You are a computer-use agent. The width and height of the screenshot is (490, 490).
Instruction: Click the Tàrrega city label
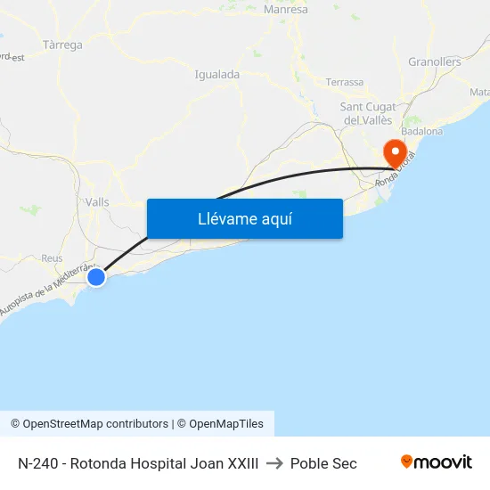pos(62,45)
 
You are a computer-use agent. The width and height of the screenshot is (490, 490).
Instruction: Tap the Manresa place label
pos(286,10)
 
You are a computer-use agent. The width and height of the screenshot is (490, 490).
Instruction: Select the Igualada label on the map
pos(216,75)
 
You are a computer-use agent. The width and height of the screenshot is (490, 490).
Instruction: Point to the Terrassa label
pos(345,82)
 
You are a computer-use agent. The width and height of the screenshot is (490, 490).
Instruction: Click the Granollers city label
pos(435,62)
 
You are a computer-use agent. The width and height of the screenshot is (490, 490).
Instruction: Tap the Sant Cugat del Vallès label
pos(368,113)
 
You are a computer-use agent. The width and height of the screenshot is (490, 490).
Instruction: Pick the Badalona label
pos(422,131)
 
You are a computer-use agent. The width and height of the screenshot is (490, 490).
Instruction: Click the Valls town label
pos(97,202)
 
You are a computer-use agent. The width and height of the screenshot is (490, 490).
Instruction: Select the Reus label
pos(52,257)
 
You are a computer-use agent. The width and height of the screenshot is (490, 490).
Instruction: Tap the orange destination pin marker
pos(393,152)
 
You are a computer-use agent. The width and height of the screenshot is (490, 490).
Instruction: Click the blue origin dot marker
pos(96,278)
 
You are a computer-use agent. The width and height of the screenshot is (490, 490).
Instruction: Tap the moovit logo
pos(437,462)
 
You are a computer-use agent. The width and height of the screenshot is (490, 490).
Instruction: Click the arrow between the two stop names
pos(274,463)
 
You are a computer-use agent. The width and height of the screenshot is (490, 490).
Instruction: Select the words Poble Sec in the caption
pos(323,463)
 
